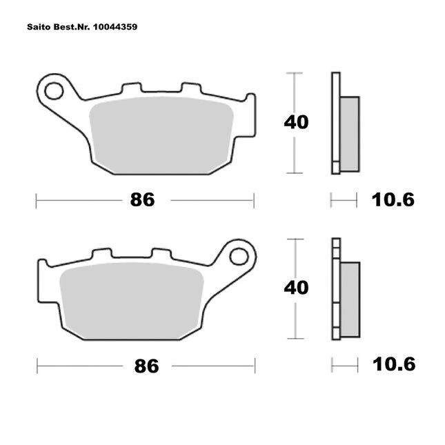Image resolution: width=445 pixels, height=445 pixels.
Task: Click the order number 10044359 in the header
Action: tap(115, 27)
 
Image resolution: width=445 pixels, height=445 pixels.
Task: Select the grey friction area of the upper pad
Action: tap(161, 136)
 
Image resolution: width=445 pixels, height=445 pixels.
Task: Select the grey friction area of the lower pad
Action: tap(132, 301)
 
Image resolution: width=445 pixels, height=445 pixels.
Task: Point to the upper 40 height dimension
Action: tap(296, 122)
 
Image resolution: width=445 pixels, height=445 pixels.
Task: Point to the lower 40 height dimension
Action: tap(296, 288)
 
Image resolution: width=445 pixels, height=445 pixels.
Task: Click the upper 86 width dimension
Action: tap(142, 199)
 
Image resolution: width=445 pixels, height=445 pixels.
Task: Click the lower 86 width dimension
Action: tap(146, 366)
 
